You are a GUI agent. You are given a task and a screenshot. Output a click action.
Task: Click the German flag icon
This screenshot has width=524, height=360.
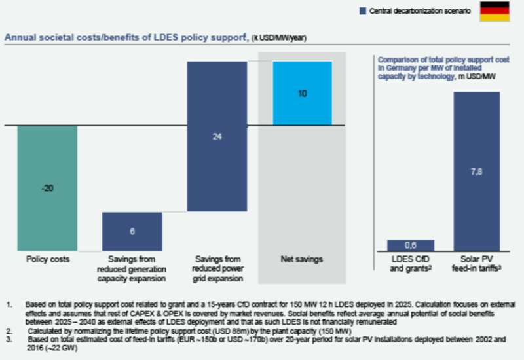(496, 11)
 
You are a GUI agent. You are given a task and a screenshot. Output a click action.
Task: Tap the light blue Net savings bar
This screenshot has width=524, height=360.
(302, 93)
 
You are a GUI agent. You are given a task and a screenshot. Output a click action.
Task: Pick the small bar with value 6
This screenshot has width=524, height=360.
(132, 230)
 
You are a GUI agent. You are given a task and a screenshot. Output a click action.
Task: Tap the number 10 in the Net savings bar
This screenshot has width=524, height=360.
(302, 94)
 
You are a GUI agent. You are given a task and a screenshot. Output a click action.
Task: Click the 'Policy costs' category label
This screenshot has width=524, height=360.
(47, 260)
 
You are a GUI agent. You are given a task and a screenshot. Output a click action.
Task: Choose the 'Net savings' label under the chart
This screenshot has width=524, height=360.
(302, 260)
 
